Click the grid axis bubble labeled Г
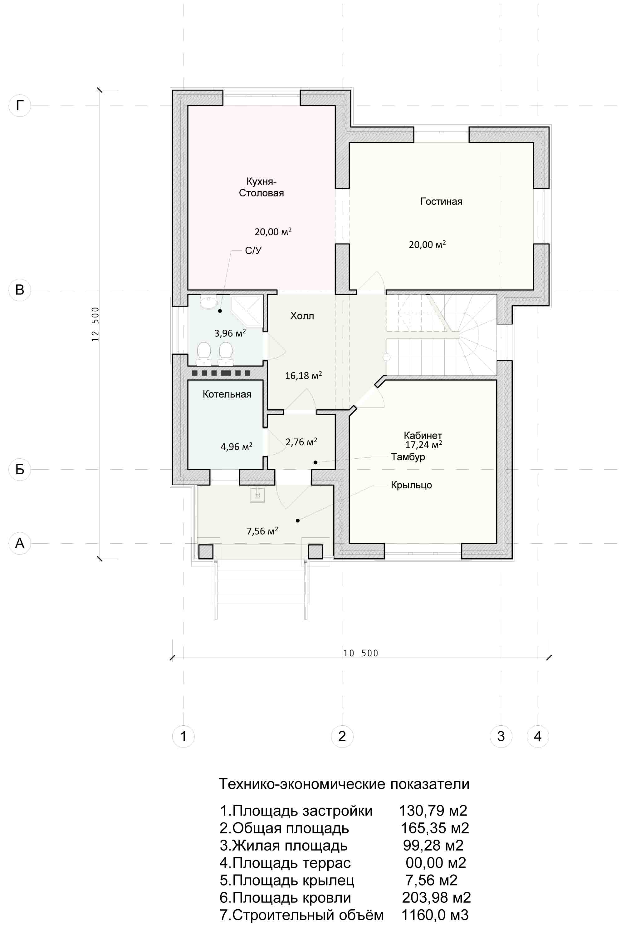pyautogui.click(x=20, y=106)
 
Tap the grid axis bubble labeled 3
pyautogui.click(x=501, y=737)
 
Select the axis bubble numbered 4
pyautogui.click(x=538, y=737)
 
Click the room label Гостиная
pyautogui.click(x=441, y=202)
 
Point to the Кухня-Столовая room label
pyautogui.click(x=262, y=187)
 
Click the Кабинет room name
pyautogui.click(x=423, y=436)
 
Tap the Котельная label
pyautogui.click(x=227, y=394)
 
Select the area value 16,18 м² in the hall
pyautogui.click(x=303, y=375)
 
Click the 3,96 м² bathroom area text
pyautogui.click(x=230, y=333)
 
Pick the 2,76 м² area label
pyautogui.click(x=301, y=442)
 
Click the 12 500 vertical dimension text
pyautogui.click(x=95, y=324)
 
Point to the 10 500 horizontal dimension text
pyautogui.click(x=361, y=654)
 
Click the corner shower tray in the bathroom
pyautogui.click(x=246, y=310)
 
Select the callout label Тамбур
pyautogui.click(x=408, y=457)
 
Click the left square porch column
pyautogui.click(x=206, y=551)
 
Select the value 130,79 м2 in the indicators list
pyautogui.click(x=433, y=811)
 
